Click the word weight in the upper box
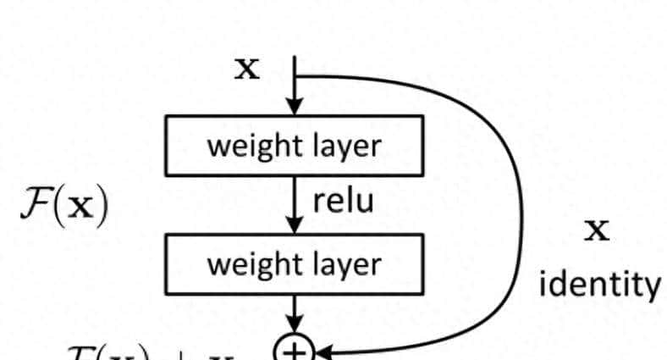coord(246,147)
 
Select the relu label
coord(343,201)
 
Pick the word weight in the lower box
coord(246,264)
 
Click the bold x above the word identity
coord(598,230)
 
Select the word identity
coord(598,284)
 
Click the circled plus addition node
coord(294,349)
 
